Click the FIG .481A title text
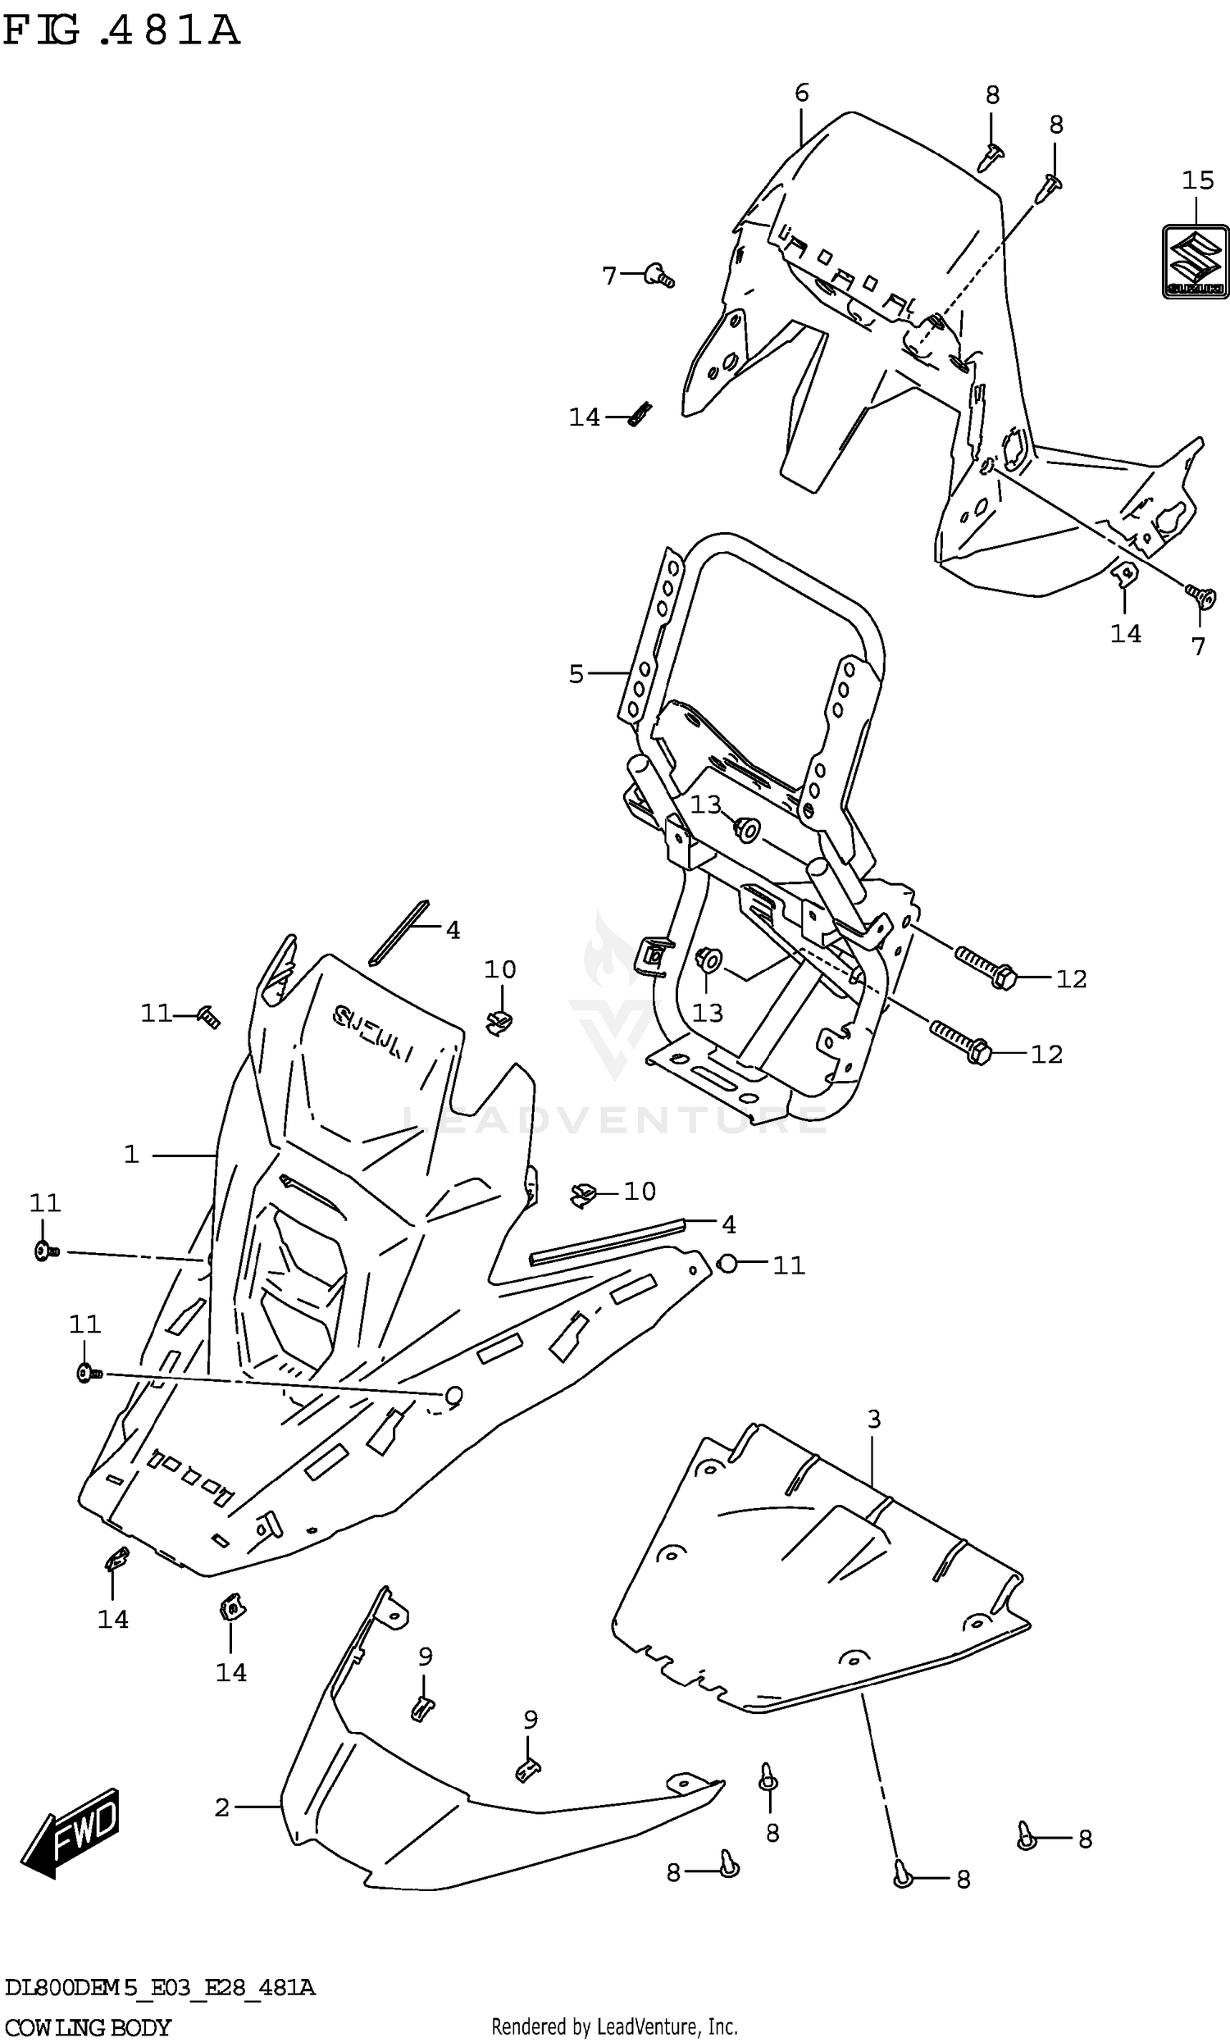click(x=122, y=30)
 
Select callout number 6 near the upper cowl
click(x=800, y=93)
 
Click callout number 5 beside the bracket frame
click(x=576, y=674)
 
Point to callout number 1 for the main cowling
click(x=131, y=1155)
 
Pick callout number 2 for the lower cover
click(x=221, y=1807)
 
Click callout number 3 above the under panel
click(x=873, y=1420)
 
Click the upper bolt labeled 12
click(x=986, y=969)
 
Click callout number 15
click(x=1197, y=180)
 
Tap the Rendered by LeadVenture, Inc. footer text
click(x=614, y=2027)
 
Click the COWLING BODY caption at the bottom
click(x=87, y=2027)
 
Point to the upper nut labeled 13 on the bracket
click(x=746, y=827)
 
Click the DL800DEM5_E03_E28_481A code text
click(x=159, y=1987)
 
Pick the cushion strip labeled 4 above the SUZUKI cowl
click(x=400, y=932)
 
